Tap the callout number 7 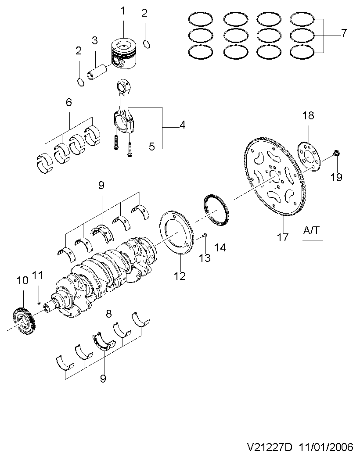(x=344, y=33)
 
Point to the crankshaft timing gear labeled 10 (x=25, y=322)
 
